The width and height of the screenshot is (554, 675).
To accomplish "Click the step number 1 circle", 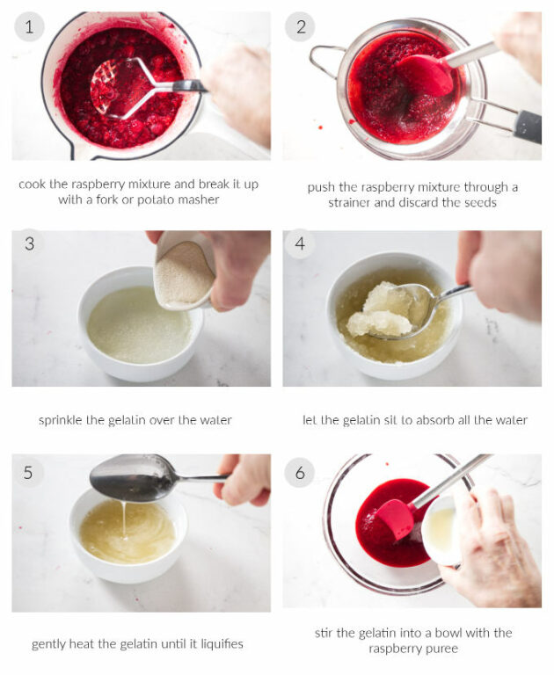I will (x=29, y=27).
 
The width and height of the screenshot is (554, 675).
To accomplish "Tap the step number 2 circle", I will (x=300, y=27).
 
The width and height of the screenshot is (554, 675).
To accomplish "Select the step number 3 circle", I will (x=29, y=243).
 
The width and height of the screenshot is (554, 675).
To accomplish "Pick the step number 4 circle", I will (x=300, y=243).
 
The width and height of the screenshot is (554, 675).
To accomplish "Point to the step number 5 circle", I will (x=29, y=473).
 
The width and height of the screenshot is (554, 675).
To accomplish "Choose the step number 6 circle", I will (x=300, y=473).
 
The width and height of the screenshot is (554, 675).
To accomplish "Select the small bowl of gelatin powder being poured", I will (x=184, y=272).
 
